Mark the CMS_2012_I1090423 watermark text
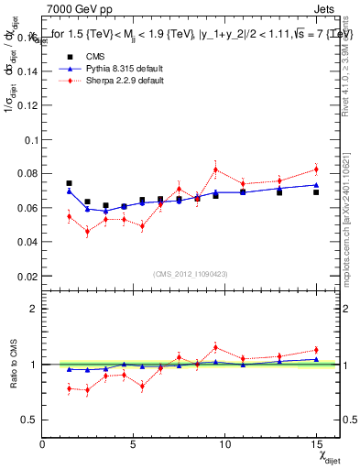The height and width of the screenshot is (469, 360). point(191,274)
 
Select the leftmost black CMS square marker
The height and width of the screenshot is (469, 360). point(69,183)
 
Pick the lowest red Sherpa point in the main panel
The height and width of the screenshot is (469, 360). point(87,231)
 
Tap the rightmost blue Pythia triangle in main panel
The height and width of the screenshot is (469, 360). point(316,185)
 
